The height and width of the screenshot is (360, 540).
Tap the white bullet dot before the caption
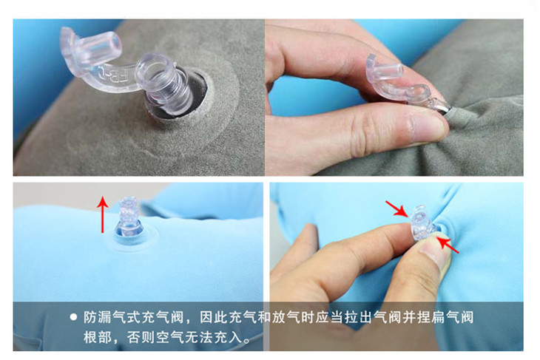(x=73, y=317)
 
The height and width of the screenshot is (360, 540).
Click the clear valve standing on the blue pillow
(x=130, y=217)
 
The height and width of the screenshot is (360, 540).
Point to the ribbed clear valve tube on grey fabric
(x=165, y=84)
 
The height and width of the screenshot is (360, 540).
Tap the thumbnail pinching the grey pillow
(x=427, y=126)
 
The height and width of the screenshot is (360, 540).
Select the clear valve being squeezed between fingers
(x=421, y=223)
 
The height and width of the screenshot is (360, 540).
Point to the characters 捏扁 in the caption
(x=431, y=317)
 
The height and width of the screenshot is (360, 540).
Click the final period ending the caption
(x=246, y=341)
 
